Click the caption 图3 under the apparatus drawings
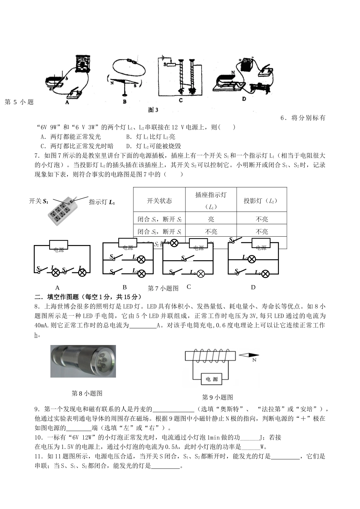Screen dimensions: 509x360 pos(153,110)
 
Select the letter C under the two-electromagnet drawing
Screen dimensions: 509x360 pos(181,100)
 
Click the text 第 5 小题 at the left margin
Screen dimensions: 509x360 pos(19,102)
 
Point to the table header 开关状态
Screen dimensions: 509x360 pos(159,201)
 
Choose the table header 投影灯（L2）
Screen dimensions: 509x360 pos(261,201)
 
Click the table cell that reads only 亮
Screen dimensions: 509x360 pos(211,219)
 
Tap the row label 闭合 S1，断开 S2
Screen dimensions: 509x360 pos(159,219)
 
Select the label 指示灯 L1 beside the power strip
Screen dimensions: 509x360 pos(102,202)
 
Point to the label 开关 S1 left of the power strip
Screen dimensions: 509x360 pos(39,201)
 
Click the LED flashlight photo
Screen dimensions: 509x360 pos(83,361)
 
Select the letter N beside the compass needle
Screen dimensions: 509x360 pos(254,360)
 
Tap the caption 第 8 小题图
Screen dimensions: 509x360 pos(87,393)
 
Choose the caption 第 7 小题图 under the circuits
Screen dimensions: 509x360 pos(163,288)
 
